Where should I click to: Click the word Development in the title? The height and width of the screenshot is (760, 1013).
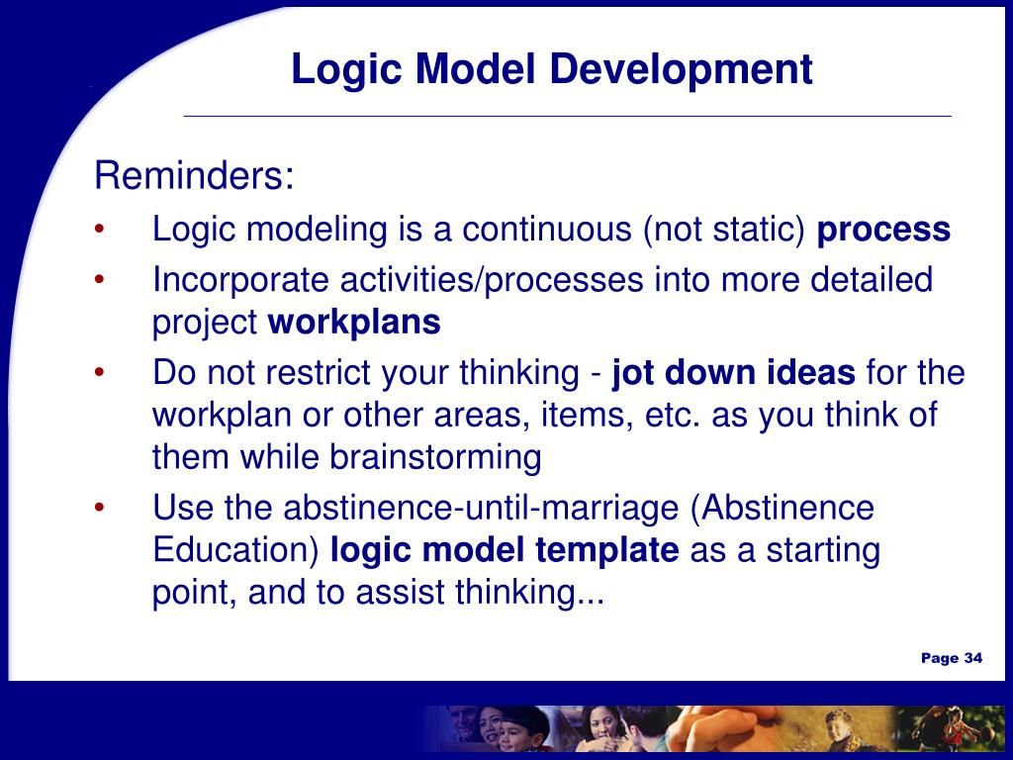(x=681, y=70)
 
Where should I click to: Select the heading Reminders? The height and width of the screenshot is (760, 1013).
(x=194, y=175)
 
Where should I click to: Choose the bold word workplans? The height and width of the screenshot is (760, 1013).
(x=354, y=323)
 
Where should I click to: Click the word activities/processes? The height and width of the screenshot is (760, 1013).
(x=492, y=281)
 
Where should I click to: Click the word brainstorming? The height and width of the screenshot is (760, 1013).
(x=435, y=458)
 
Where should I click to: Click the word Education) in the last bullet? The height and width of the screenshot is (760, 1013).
(x=235, y=550)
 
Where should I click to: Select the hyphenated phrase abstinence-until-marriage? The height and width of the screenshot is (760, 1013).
(x=482, y=509)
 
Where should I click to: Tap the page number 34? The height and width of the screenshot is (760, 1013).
(x=973, y=658)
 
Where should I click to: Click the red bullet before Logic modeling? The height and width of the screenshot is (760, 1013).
(x=99, y=229)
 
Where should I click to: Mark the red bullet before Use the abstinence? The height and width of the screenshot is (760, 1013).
(x=99, y=508)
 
